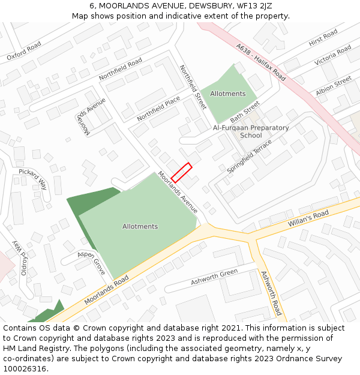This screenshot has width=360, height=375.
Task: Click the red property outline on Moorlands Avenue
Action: tap(181, 172)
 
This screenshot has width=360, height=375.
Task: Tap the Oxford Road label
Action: tap(24, 51)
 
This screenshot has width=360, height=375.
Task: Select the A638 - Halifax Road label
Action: tap(261, 62)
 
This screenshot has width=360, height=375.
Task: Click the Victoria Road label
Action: tap(332, 55)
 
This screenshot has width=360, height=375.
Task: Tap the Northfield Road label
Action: tap(121, 69)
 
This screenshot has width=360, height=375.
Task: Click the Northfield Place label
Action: tap(158, 108)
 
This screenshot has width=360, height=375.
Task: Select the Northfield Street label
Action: tap(193, 87)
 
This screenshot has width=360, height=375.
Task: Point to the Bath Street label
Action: tap(245, 111)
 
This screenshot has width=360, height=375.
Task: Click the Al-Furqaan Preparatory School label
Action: tap(251, 131)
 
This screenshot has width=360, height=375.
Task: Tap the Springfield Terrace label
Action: tap(249, 157)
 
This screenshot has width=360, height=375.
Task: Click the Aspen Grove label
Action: tap(91, 262)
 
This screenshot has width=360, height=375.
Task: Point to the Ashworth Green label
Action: tap(214, 277)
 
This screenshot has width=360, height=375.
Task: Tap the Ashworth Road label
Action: tap(271, 293)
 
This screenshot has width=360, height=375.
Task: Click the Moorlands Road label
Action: tap(106, 289)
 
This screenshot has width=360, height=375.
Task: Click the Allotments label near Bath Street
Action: tap(227, 94)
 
